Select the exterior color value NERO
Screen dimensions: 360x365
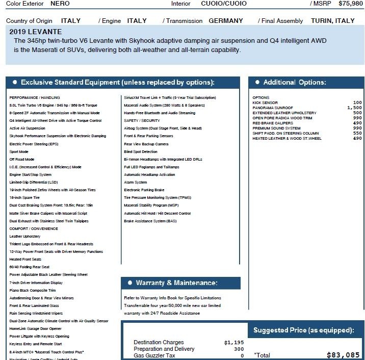(x=60, y=4)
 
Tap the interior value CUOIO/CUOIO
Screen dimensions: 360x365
(x=224, y=4)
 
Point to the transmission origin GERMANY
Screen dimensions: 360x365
(x=226, y=21)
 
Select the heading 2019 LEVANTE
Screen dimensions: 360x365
(x=36, y=32)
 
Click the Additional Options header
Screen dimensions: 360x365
(x=295, y=83)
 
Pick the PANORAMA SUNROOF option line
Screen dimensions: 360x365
(x=273, y=108)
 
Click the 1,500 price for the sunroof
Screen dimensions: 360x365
(x=354, y=108)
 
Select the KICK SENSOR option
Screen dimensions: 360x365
(x=265, y=103)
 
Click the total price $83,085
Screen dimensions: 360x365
(x=343, y=355)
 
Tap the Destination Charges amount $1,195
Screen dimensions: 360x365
(x=234, y=343)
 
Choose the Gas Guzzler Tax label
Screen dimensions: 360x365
(x=156, y=355)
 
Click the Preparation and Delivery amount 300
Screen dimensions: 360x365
(x=239, y=349)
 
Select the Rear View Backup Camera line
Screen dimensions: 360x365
(x=146, y=144)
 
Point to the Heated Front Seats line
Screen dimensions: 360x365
(x=26, y=259)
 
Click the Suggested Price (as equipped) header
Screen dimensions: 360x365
(x=303, y=330)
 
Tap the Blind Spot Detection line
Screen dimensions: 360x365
(x=141, y=152)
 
